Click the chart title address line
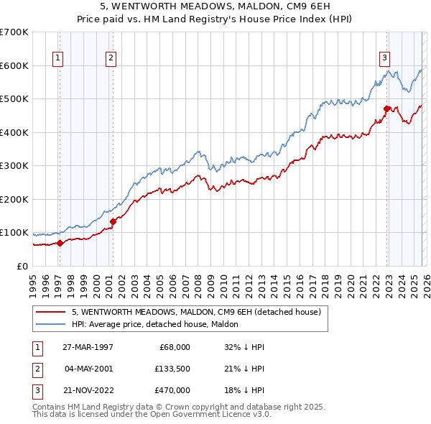click(x=215, y=6)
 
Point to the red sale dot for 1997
click(x=60, y=243)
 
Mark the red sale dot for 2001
click(x=113, y=221)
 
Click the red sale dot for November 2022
click(x=386, y=109)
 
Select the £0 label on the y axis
click(x=22, y=266)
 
